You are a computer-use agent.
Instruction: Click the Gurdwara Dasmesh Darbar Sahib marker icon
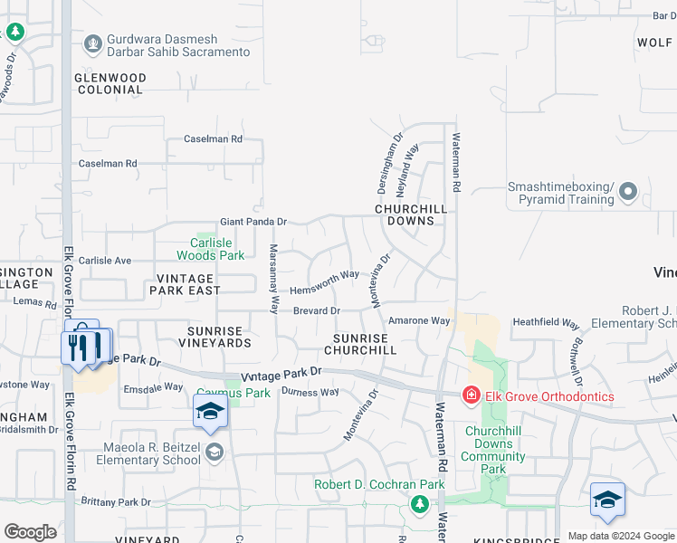[92, 43]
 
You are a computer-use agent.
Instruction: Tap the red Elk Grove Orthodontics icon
[471, 395]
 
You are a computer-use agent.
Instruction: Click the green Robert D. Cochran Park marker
[418, 502]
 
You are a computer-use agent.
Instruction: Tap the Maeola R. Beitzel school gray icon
[215, 452]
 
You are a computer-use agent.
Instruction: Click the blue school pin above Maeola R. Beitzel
[210, 413]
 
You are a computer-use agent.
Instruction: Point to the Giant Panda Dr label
[253, 222]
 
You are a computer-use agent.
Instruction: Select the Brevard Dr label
[316, 311]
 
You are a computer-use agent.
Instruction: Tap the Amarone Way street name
[419, 321]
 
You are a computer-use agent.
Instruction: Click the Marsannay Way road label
[272, 279]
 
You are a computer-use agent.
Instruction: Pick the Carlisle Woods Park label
[210, 249]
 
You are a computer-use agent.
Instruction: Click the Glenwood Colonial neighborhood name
[110, 84]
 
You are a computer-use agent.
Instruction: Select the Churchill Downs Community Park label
[492, 450]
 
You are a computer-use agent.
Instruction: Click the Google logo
[30, 532]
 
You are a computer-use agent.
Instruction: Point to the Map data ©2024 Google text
[620, 536]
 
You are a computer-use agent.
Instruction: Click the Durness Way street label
[310, 392]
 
